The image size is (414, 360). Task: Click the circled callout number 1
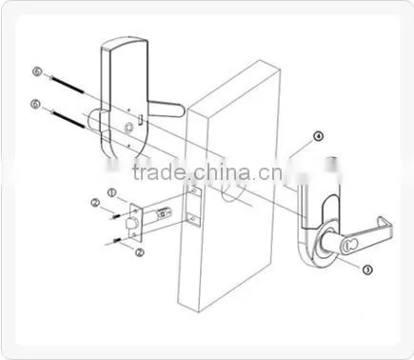click(x=111, y=192)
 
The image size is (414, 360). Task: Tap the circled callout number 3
click(x=367, y=270)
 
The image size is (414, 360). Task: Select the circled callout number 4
click(x=318, y=136)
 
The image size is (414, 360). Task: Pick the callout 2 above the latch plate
click(x=95, y=203)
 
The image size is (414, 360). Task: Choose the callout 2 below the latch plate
click(x=140, y=252)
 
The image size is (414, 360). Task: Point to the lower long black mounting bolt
click(x=68, y=119)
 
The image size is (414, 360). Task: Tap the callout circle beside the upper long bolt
click(x=37, y=71)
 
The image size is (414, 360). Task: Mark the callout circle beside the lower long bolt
click(x=35, y=104)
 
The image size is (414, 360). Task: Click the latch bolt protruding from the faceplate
click(x=130, y=224)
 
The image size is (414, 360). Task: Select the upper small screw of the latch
click(x=117, y=216)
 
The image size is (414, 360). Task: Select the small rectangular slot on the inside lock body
click(x=140, y=120)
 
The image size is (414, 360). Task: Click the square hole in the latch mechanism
click(x=164, y=213)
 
